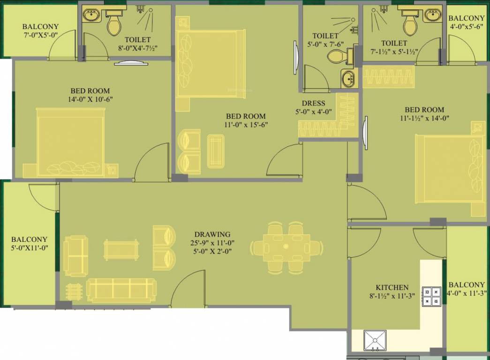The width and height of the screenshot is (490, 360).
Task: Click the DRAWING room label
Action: (x=212, y=234)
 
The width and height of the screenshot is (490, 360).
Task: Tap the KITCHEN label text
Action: (x=392, y=287)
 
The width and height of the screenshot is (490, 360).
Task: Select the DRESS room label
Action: (x=314, y=103)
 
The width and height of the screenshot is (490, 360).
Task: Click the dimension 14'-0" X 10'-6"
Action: (x=90, y=99)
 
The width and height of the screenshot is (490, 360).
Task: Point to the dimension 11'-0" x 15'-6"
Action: (x=245, y=125)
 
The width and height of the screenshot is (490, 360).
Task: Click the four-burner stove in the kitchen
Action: (x=432, y=297)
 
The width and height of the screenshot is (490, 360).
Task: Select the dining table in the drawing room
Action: (x=286, y=247)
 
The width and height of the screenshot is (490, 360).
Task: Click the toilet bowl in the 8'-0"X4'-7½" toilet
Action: (x=114, y=25)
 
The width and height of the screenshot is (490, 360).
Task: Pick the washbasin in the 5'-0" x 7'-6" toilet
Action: (x=347, y=79)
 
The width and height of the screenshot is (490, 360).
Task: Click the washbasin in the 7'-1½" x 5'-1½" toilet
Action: (x=432, y=15)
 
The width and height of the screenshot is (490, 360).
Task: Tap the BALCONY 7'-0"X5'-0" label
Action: (x=40, y=31)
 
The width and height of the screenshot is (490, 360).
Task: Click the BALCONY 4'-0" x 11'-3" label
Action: (x=466, y=289)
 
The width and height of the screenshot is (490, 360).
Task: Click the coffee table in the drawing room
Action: (x=121, y=249)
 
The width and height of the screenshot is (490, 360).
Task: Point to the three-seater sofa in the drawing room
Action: (x=121, y=291)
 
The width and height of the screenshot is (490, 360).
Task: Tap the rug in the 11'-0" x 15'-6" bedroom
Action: (x=216, y=150)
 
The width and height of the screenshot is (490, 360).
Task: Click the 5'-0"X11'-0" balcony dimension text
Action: (x=30, y=247)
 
